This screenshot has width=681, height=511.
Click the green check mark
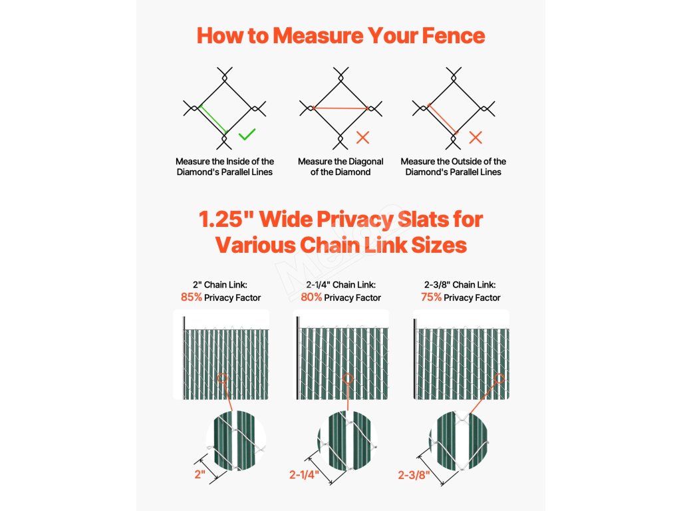[247, 134]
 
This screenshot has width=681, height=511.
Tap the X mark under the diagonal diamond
[362, 137]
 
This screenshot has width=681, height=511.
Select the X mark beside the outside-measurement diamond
[476, 137]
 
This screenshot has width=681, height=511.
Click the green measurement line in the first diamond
[213, 120]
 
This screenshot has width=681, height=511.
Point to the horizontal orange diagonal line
[340, 108]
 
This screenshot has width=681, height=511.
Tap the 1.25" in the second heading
[226, 219]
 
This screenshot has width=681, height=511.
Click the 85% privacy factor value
[192, 297]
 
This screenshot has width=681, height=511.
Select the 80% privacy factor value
[311, 297]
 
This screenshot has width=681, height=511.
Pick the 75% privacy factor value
[431, 297]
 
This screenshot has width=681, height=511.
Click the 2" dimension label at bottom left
[200, 474]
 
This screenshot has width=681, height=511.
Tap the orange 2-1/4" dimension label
[305, 474]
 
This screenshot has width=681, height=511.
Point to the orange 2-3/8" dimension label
[414, 475]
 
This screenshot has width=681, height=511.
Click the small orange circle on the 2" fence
[222, 378]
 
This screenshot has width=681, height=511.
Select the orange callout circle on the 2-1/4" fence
[347, 379]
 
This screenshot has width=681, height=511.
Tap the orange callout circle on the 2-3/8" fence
[499, 379]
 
